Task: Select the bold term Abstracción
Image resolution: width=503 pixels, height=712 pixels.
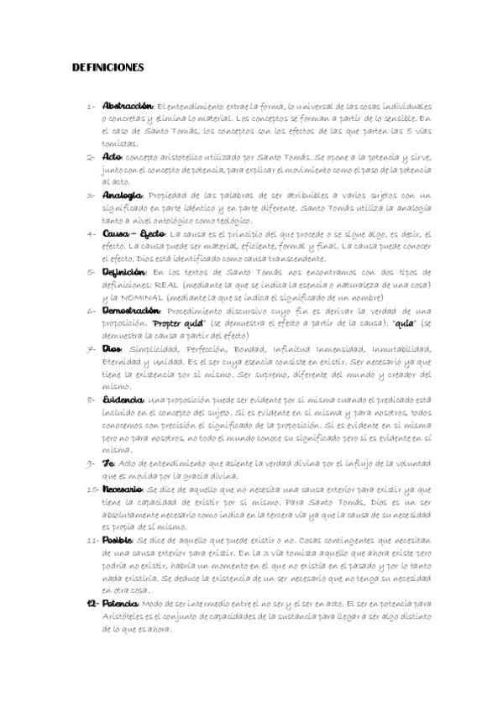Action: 127,107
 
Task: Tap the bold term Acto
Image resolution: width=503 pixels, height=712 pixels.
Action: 111,156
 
